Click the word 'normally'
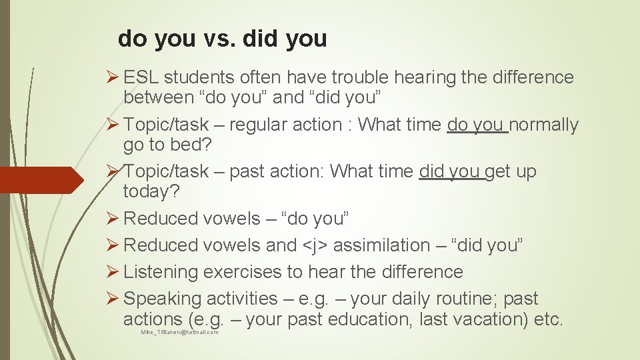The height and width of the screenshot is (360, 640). click(545, 125)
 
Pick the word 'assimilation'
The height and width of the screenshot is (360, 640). click(382, 245)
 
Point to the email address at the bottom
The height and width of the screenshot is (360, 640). click(179, 332)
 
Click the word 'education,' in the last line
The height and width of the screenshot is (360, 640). click(366, 319)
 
